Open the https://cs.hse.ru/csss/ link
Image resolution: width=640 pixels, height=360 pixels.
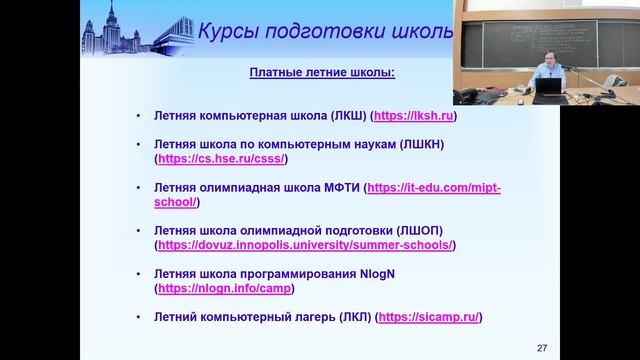tap(222, 159)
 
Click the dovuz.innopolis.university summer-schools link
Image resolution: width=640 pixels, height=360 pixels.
tap(305, 245)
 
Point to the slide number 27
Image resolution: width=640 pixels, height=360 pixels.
tap(542, 348)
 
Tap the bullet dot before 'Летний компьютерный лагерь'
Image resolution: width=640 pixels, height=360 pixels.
tap(139, 317)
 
